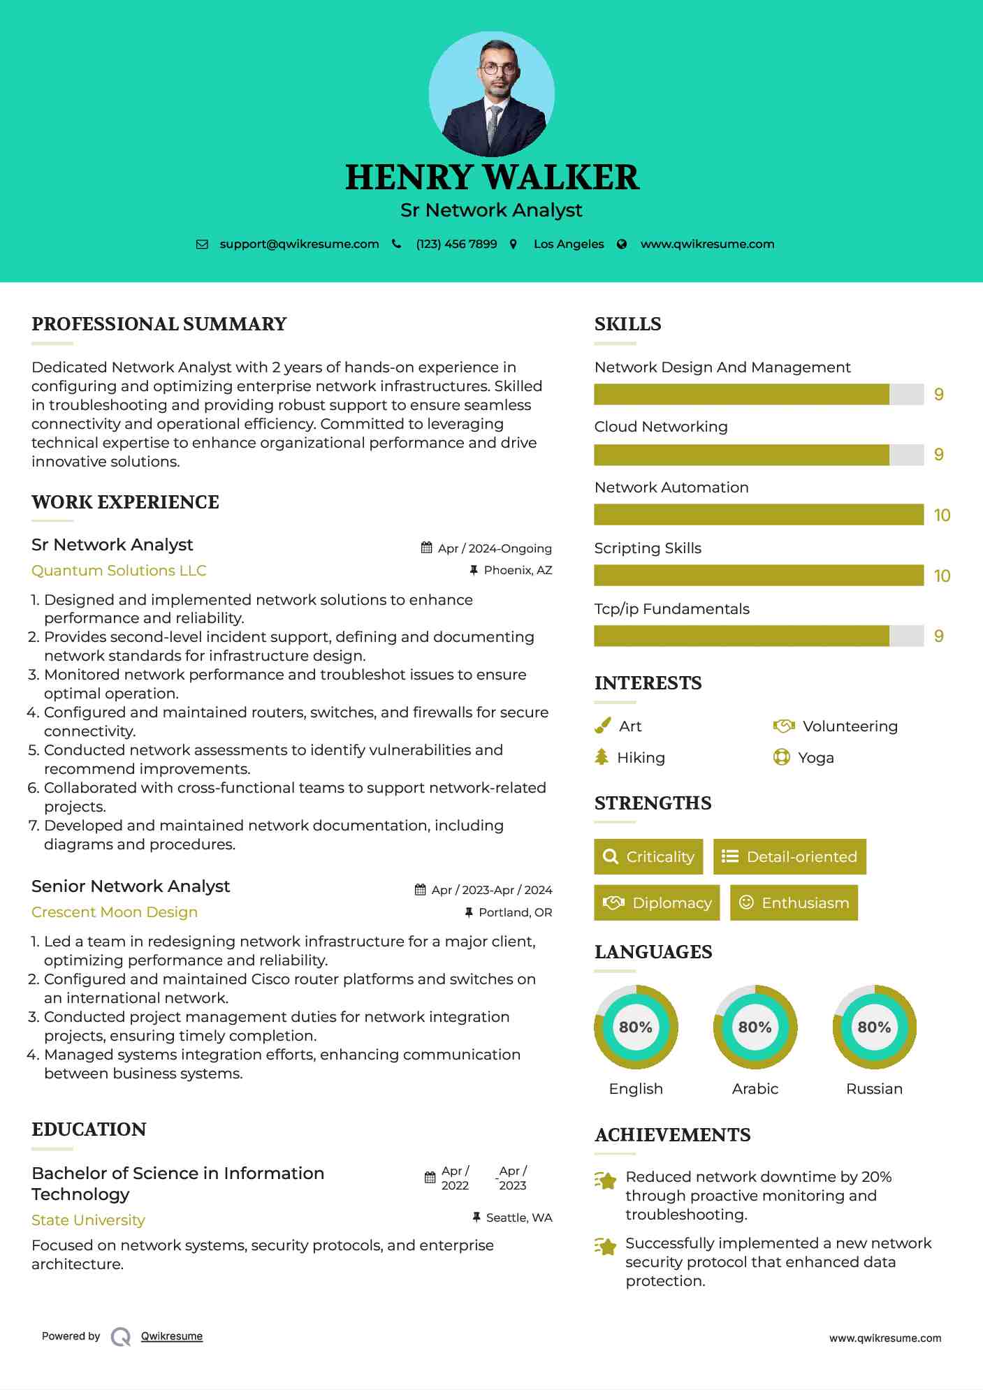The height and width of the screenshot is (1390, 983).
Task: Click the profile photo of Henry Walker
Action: tap(491, 94)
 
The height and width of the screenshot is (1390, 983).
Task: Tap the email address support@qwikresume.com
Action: tap(299, 244)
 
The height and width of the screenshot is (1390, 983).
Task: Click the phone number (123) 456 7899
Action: tap(456, 244)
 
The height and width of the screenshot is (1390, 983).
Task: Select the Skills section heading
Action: tap(627, 324)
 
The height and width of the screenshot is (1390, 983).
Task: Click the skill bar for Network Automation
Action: tap(759, 515)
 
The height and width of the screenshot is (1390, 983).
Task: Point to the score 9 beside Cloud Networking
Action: tap(939, 455)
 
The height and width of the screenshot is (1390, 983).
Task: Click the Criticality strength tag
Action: tap(648, 857)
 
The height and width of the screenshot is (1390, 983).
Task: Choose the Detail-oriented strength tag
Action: tap(789, 857)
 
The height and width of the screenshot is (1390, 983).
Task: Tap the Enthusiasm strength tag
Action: tap(794, 903)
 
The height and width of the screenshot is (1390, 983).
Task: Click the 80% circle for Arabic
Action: tap(755, 1027)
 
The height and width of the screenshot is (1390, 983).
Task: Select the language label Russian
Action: tap(874, 1089)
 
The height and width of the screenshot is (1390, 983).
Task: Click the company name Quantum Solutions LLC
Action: tap(119, 571)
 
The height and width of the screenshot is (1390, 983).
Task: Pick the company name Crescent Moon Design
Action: tap(115, 912)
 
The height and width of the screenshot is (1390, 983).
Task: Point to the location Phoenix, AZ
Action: tap(518, 571)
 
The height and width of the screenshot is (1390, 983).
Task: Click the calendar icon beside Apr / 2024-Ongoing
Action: tap(426, 548)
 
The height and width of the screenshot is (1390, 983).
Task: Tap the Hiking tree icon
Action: tap(602, 757)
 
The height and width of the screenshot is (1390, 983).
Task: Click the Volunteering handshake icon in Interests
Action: tap(784, 726)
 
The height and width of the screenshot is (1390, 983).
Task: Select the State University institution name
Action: tap(88, 1220)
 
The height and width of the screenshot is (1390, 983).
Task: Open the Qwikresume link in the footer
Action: tap(172, 1336)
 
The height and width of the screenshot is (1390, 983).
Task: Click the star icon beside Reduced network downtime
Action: tap(606, 1180)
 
